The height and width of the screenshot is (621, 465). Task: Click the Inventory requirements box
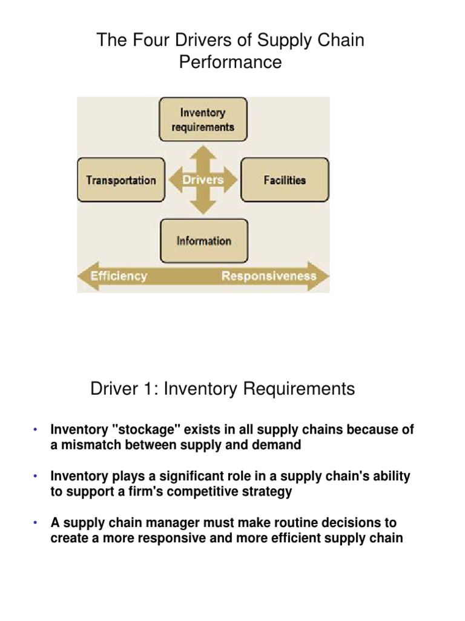point(203,119)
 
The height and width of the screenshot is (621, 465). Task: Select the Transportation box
point(121,180)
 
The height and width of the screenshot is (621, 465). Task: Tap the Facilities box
point(285,180)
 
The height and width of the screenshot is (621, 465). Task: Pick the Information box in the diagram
point(203,241)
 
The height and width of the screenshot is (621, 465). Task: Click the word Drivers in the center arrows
point(203,180)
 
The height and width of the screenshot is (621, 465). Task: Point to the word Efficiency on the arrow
point(119,276)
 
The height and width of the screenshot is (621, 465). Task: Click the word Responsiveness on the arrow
point(269,277)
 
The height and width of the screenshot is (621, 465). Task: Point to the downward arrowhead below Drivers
point(203,207)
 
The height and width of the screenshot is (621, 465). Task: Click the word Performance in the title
point(230,62)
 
